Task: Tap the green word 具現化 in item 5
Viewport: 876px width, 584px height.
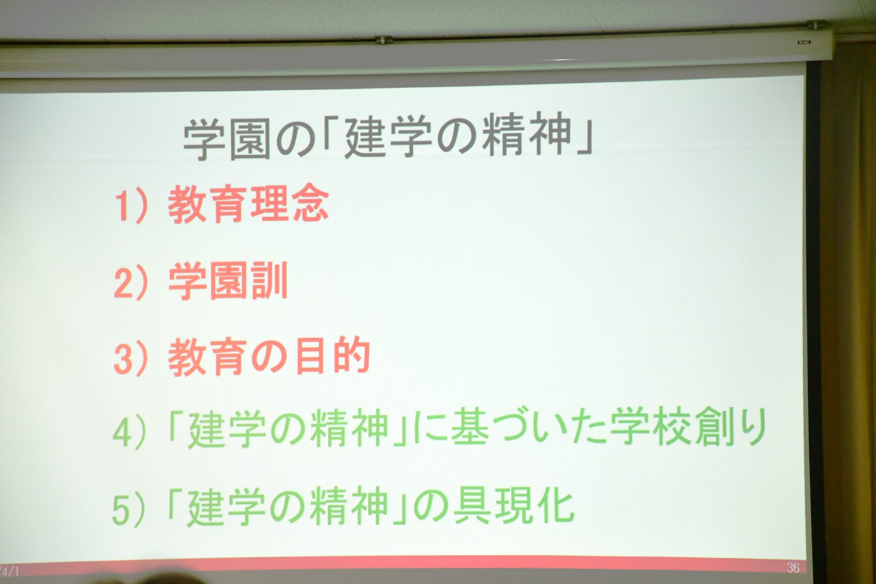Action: click(513, 507)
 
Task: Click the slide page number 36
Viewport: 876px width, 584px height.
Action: click(793, 568)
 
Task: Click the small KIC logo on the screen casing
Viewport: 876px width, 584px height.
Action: click(804, 42)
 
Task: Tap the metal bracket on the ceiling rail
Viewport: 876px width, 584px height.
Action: click(384, 39)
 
